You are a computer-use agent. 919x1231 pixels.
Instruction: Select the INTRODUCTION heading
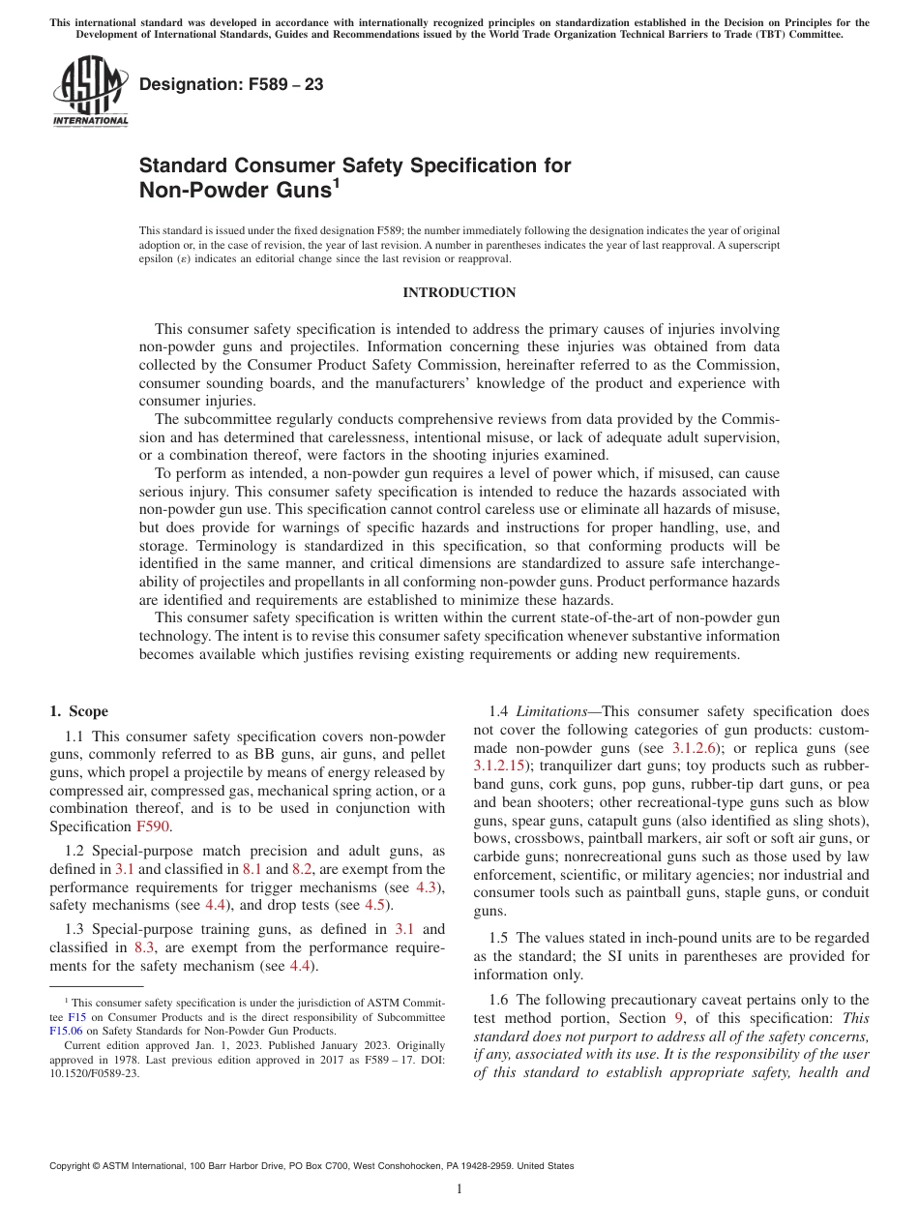(x=459, y=293)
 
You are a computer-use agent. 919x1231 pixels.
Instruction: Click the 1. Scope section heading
(x=78, y=711)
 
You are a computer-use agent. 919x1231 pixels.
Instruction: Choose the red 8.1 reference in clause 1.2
(x=252, y=869)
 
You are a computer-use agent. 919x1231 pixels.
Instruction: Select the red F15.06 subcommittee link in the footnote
(x=66, y=1032)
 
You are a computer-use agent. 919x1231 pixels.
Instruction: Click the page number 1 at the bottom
(x=459, y=1189)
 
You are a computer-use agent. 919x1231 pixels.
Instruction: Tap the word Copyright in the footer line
(x=73, y=1166)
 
